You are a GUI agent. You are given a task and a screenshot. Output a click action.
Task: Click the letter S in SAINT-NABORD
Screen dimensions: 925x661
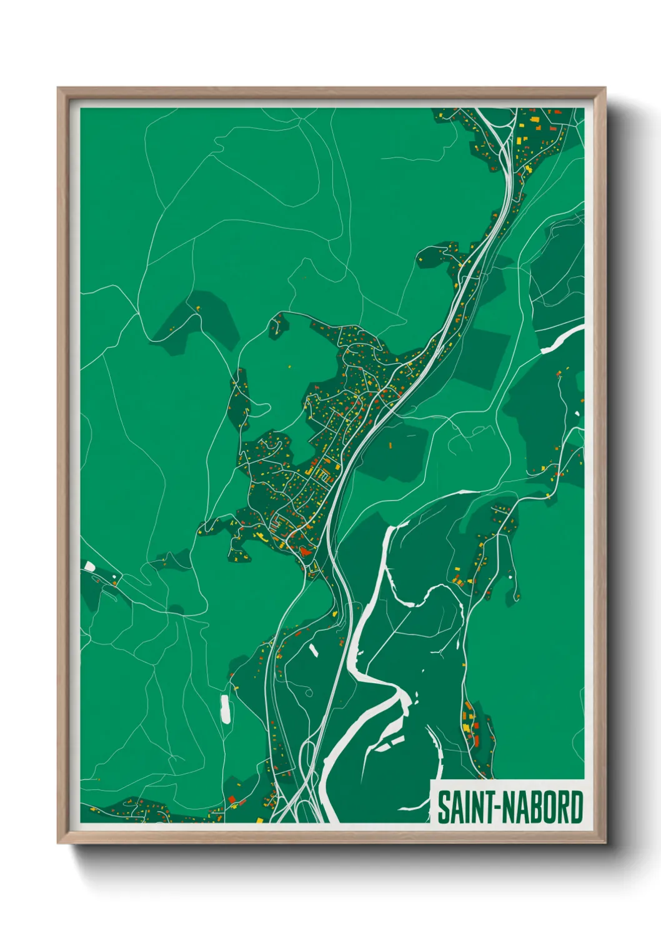coord(444,807)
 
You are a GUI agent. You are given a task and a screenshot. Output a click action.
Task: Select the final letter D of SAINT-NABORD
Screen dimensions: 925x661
coord(576,807)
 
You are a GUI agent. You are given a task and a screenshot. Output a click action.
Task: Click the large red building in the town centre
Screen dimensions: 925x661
coord(305,551)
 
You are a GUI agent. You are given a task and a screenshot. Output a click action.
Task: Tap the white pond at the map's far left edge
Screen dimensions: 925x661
coord(89,566)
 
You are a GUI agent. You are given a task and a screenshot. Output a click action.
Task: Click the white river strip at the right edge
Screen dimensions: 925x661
coord(562,339)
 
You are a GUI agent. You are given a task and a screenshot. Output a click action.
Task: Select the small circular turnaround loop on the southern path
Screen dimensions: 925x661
coord(308,692)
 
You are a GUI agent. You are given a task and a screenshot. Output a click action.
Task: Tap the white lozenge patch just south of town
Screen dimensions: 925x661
coord(314,650)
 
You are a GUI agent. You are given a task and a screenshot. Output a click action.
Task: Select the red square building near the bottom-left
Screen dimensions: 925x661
coord(232,799)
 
